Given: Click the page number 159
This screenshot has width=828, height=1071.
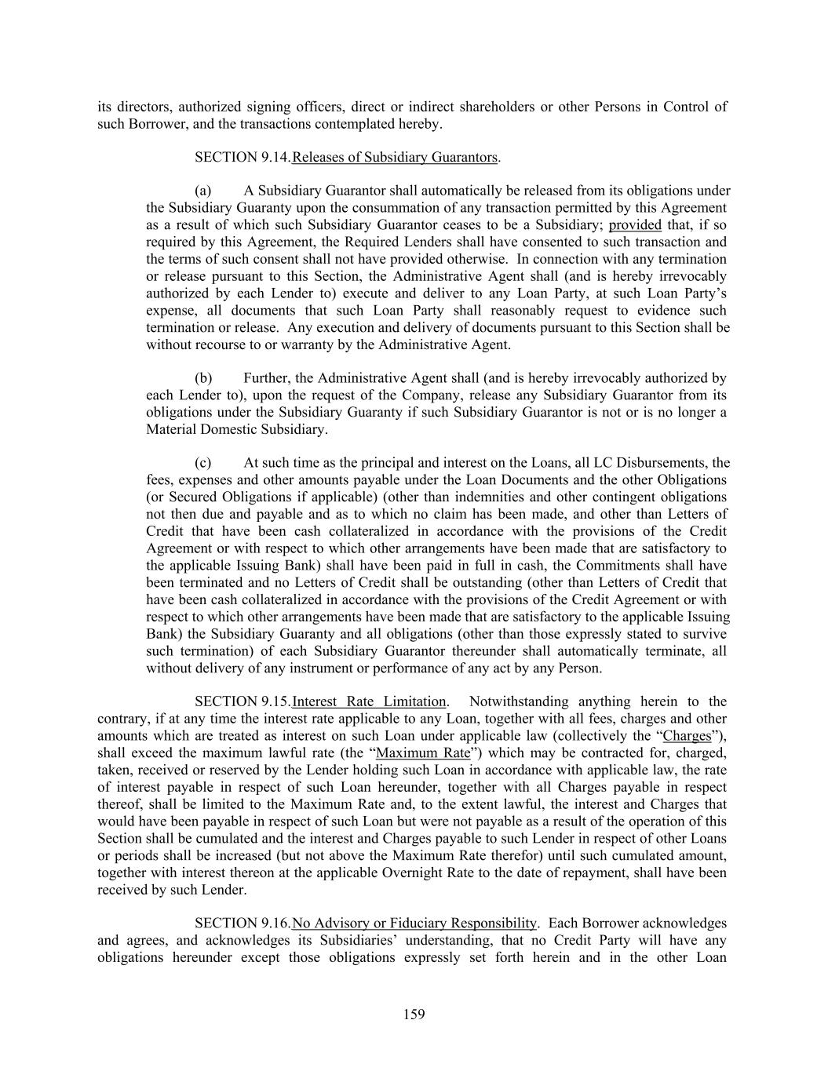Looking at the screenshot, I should click(x=414, y=1015).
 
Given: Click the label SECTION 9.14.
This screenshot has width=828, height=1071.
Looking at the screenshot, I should click(x=242, y=157).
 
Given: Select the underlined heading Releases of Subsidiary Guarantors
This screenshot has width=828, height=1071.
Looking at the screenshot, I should click(x=395, y=157).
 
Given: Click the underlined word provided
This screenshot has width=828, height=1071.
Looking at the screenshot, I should click(x=635, y=225).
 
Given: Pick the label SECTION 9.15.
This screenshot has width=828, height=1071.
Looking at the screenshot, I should click(x=242, y=701).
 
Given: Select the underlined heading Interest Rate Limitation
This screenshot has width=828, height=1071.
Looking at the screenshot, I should click(x=369, y=701).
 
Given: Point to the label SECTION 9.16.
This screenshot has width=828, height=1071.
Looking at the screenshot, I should click(x=242, y=923).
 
